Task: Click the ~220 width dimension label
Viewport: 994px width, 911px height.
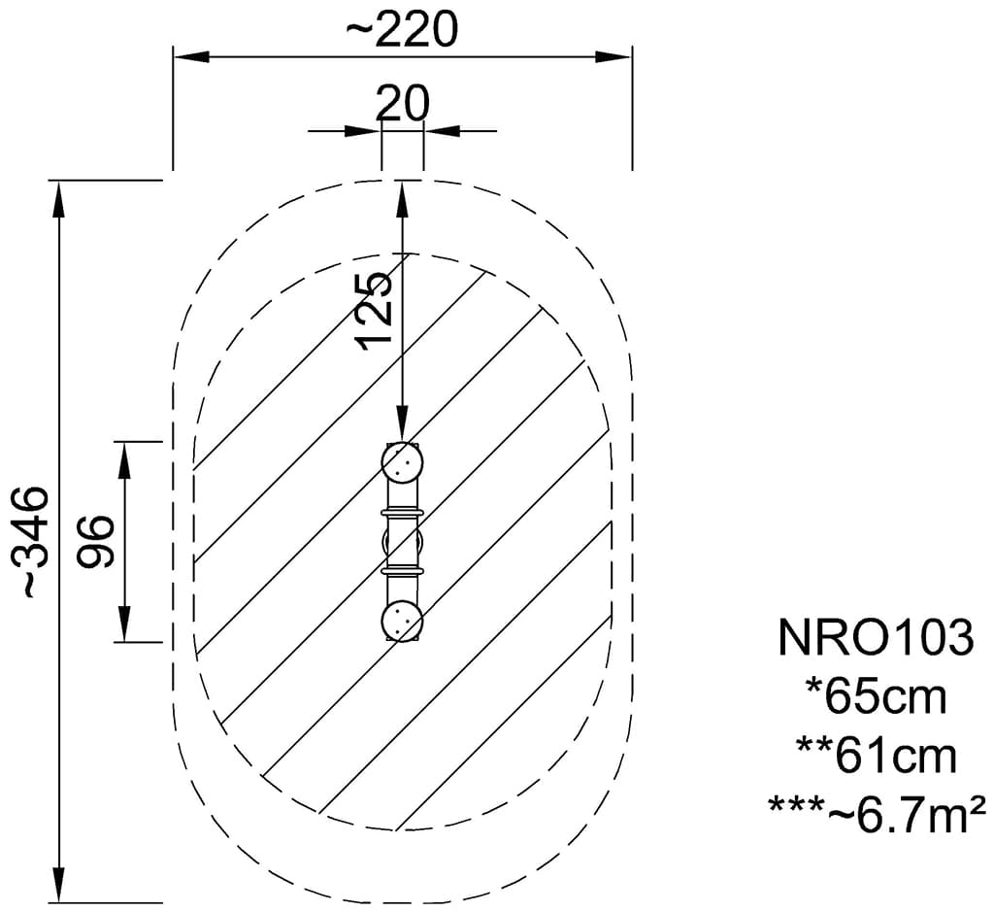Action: [402, 29]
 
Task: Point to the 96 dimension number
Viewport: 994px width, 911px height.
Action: [96, 541]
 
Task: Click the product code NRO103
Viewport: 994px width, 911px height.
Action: [875, 637]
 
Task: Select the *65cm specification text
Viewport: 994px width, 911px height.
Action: [877, 696]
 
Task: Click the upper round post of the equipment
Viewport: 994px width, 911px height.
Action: [402, 463]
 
